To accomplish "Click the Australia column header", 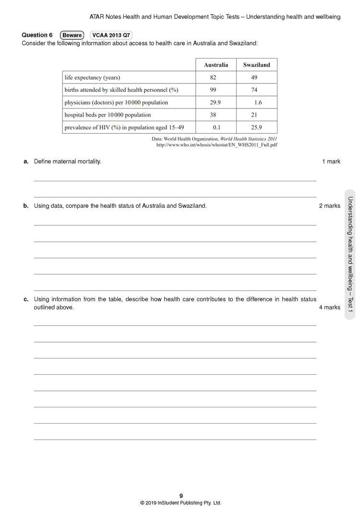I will tap(216, 65).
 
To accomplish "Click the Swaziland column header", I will tap(256, 65).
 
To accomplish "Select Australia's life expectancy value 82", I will tap(213, 77).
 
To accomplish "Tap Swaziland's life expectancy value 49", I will tap(254, 77).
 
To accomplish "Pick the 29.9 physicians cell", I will tap(215, 102).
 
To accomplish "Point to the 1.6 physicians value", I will tap(258, 102).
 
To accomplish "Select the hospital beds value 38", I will tap(213, 115).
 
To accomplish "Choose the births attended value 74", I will tap(254, 90).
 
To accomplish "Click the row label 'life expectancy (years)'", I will tap(92, 77).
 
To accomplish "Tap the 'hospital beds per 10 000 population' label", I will tap(108, 115).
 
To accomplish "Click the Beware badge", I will tap(72, 35).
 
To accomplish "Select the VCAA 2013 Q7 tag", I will tap(111, 35).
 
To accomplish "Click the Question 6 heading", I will tap(37, 35).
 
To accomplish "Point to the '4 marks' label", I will tap(329, 308).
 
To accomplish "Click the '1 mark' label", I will tap(331, 162).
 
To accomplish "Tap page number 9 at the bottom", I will tap(181, 496).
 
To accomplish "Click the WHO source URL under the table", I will tap(217, 145).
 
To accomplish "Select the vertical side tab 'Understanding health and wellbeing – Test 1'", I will tap(350, 254).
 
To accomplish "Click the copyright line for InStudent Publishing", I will tap(180, 503).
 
